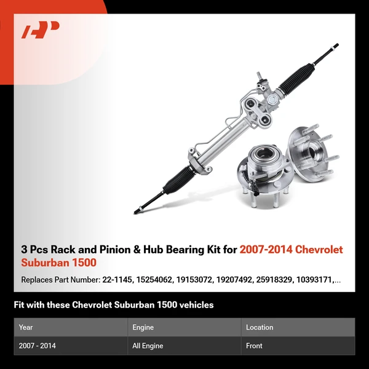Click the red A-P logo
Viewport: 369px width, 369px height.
pos(41,30)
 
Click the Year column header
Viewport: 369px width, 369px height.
pos(26,327)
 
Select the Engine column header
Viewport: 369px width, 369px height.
pos(143,327)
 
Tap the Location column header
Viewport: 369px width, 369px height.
pos(259,327)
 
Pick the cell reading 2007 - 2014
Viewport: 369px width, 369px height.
pos(37,346)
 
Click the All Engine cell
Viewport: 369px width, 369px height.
pos(148,346)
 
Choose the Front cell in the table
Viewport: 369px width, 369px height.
pos(254,346)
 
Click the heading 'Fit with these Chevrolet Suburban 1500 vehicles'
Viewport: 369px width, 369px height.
pos(114,304)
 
